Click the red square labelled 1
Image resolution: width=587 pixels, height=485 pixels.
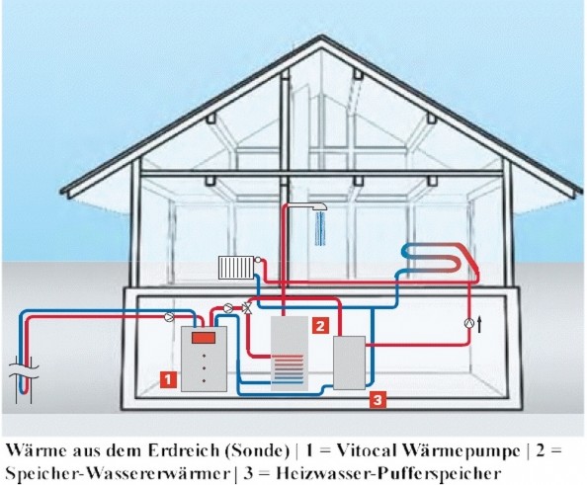click(168, 379)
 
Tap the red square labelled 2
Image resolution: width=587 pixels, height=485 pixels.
click(320, 326)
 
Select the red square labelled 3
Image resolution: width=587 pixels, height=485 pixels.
click(377, 400)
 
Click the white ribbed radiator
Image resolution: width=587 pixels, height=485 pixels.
click(236, 268)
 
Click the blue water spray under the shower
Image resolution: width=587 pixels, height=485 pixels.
click(320, 228)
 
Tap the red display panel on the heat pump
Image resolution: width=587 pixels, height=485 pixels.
click(204, 338)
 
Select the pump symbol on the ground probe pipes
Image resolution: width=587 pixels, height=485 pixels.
click(169, 317)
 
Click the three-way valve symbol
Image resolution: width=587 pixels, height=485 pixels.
click(247, 308)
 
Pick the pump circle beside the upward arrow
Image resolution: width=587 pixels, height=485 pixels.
click(469, 323)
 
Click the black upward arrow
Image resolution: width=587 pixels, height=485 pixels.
click(479, 324)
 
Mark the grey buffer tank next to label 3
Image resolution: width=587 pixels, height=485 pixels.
click(349, 363)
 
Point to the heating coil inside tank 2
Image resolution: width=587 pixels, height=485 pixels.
click(289, 369)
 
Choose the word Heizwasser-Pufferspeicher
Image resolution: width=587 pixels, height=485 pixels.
click(388, 474)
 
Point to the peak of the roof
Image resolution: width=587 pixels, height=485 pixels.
click(321, 37)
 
